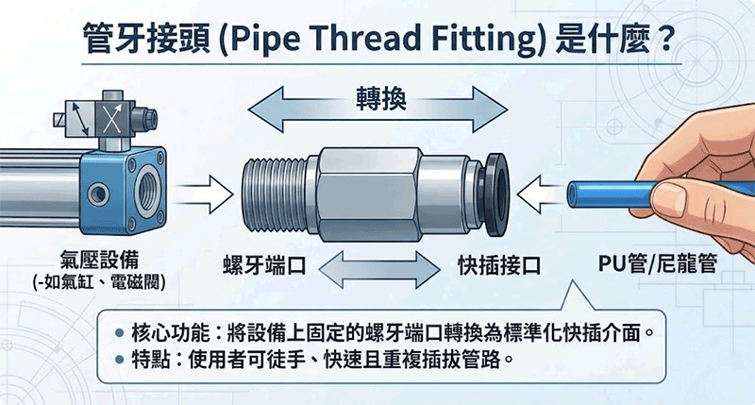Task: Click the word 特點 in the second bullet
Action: click(148, 360)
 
